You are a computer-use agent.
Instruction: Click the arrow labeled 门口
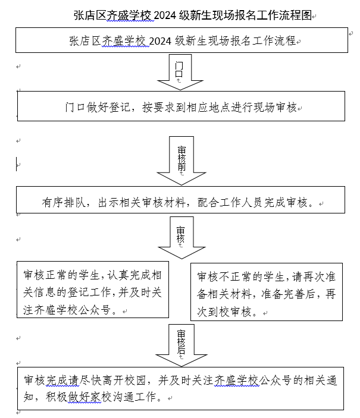(180, 72)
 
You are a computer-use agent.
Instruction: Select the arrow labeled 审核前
(181, 161)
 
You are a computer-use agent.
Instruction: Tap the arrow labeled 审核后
(181, 345)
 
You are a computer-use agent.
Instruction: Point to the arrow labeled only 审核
(181, 237)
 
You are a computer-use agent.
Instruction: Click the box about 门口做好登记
(181, 106)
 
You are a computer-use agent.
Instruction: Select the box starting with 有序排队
(181, 200)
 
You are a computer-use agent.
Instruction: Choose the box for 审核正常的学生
(93, 290)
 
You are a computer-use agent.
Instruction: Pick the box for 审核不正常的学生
(267, 291)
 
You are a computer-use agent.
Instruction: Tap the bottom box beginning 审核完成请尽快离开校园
(181, 388)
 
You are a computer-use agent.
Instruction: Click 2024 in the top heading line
(165, 15)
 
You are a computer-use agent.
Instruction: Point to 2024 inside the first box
(160, 41)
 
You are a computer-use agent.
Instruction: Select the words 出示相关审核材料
(142, 203)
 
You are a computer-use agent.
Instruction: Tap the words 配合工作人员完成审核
(252, 203)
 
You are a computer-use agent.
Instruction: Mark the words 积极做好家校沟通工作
(101, 397)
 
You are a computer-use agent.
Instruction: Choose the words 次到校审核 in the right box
(224, 312)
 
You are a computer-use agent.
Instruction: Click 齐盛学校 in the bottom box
(237, 381)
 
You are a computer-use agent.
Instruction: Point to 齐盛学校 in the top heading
(129, 15)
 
